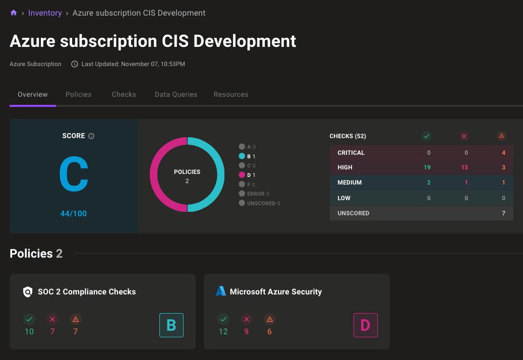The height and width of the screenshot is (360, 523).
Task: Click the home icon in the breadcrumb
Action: [x=14, y=13]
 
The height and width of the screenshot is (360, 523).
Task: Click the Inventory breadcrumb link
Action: [x=45, y=13]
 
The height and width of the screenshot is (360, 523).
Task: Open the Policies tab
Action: [x=79, y=94]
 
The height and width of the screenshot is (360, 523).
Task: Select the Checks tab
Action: [x=124, y=94]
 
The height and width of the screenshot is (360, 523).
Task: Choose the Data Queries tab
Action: [x=176, y=94]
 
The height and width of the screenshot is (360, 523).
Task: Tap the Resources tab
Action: [x=231, y=94]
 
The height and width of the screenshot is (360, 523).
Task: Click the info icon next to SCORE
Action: [x=91, y=136]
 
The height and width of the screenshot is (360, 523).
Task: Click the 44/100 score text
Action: [x=74, y=213]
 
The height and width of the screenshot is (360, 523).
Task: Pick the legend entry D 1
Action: [x=248, y=175]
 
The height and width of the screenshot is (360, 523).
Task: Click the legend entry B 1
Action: [x=248, y=156]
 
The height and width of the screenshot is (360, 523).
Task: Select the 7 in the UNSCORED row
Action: [x=503, y=213]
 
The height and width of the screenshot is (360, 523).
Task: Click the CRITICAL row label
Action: [x=351, y=153]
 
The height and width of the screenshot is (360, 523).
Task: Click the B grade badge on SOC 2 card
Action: [x=171, y=325]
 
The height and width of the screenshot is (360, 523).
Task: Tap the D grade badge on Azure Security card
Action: [x=365, y=325]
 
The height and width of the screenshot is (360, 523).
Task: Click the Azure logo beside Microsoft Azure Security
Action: [x=221, y=291]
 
